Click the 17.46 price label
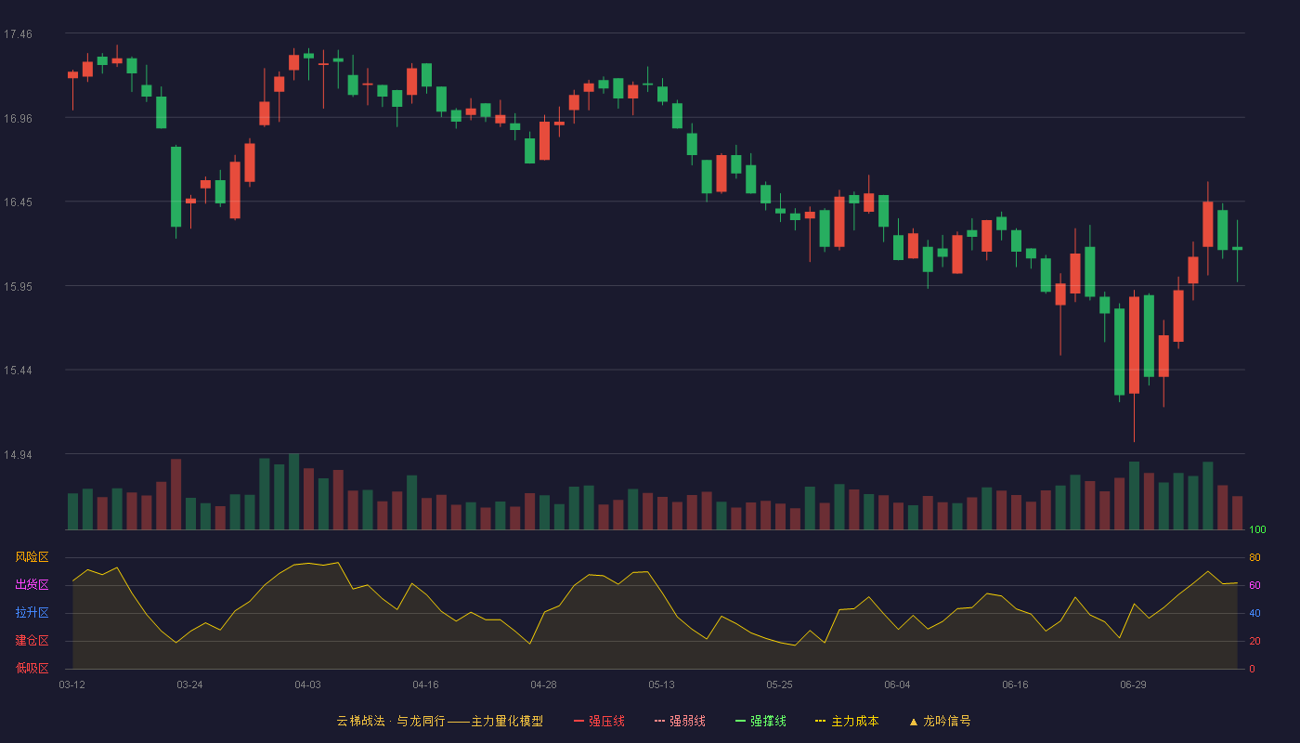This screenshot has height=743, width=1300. point(18,34)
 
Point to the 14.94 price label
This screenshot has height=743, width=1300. point(18,454)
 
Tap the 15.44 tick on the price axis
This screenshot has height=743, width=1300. point(18,371)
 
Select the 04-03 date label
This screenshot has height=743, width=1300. point(307,685)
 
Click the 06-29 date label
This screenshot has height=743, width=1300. point(1134,685)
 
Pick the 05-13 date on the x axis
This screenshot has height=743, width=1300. point(661,685)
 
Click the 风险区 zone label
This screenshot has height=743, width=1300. point(32,557)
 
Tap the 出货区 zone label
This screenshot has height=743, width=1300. point(32,584)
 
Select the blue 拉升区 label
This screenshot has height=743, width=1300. point(32,612)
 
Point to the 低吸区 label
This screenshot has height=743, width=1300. point(32,668)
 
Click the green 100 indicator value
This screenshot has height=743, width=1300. point(1257,529)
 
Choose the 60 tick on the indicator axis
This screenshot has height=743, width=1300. point(1254,585)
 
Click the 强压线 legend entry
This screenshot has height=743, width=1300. point(599,721)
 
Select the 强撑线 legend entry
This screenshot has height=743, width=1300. point(760,721)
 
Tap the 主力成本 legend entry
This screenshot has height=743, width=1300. point(847,721)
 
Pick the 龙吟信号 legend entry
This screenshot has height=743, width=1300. point(940,721)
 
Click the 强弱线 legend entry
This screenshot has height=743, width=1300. point(680,721)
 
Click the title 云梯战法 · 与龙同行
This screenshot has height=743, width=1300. point(391,721)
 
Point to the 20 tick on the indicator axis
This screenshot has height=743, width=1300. point(1254,641)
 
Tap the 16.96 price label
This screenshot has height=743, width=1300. point(18,119)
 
